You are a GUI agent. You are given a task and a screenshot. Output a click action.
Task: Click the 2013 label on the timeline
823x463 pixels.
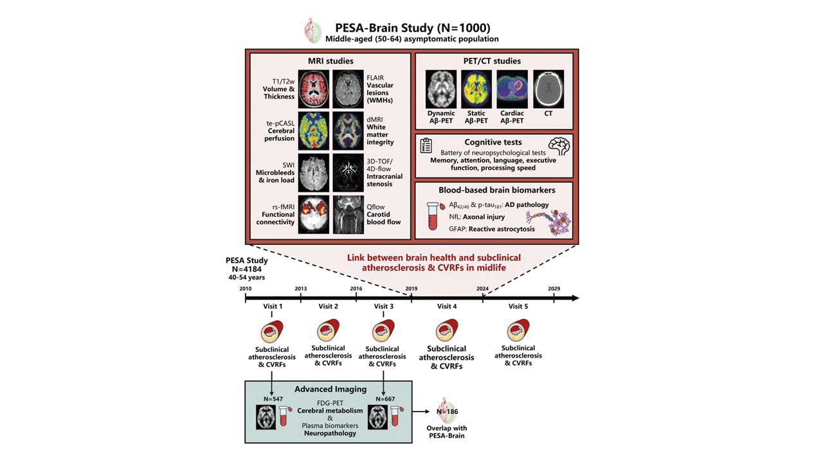click(300, 288)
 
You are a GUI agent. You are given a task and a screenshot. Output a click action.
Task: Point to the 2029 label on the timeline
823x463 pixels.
click(554, 288)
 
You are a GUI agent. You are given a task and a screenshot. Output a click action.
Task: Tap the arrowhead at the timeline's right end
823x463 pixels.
click(575, 298)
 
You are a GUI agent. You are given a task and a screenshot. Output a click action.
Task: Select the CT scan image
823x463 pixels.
click(548, 89)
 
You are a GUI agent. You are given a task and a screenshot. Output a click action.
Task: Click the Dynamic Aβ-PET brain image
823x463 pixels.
click(441, 89)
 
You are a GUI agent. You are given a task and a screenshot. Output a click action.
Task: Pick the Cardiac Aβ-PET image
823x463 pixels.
click(512, 89)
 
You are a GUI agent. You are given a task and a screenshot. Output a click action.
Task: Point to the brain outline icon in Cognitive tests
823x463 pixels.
click(559, 145)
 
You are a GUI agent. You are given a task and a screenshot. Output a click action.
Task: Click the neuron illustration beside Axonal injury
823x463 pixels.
click(552, 219)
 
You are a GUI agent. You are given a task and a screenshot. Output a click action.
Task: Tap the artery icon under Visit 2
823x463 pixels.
click(328, 332)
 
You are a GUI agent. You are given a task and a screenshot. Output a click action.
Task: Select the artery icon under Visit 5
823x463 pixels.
click(518, 332)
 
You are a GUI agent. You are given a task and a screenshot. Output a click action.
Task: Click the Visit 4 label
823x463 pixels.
click(447, 307)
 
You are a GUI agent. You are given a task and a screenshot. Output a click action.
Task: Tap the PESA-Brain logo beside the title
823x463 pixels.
click(314, 30)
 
